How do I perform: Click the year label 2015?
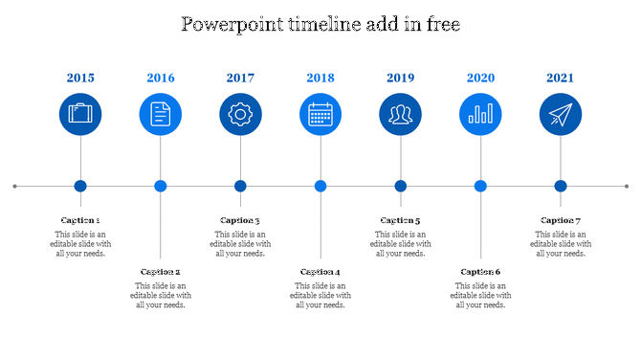[80, 79]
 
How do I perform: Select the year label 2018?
[320, 79]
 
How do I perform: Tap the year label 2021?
[561, 79]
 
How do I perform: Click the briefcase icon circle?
[80, 115]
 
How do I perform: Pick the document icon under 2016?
[161, 115]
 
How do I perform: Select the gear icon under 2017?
[240, 115]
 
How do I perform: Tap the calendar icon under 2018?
[320, 115]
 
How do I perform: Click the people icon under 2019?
[401, 115]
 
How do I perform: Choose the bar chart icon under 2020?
[480, 115]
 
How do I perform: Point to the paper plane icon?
[561, 115]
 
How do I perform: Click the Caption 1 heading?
[80, 220]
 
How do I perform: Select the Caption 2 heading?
[161, 272]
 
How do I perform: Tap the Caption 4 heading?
[320, 272]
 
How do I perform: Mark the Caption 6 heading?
[480, 272]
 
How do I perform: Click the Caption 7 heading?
[561, 220]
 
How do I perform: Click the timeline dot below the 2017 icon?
[240, 186]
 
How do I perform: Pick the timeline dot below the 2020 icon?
[480, 186]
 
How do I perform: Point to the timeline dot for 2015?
[80, 186]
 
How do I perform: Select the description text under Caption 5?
[401, 244]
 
